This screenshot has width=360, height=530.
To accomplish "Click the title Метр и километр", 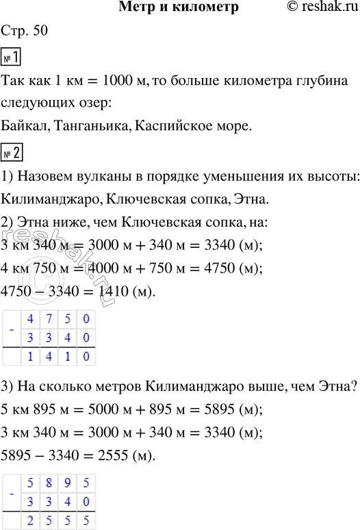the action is point(179,8).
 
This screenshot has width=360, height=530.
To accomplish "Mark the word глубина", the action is point(322,81).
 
